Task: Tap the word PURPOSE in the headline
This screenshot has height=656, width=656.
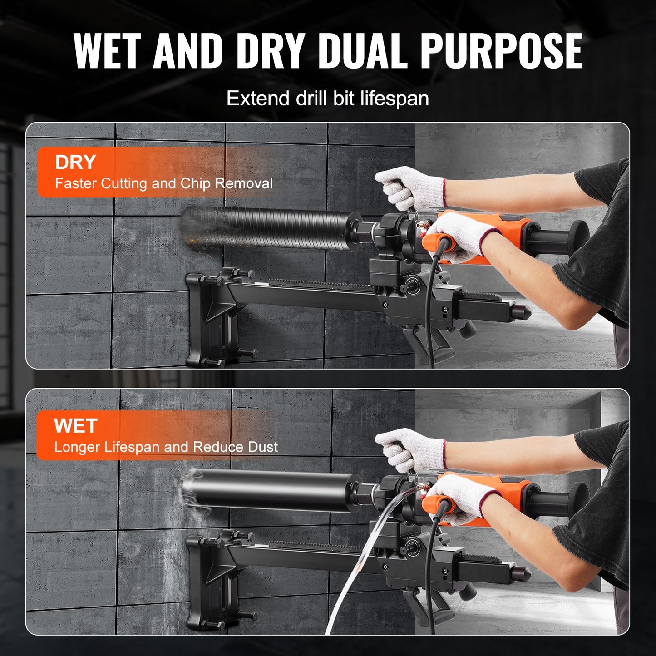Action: click(501, 51)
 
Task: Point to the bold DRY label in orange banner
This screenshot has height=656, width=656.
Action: click(75, 162)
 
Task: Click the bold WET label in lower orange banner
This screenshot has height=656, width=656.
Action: click(75, 426)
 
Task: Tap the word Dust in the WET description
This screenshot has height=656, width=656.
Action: click(263, 447)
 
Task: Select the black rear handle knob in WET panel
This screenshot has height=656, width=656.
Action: click(577, 499)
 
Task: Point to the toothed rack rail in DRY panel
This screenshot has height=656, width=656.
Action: click(318, 283)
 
